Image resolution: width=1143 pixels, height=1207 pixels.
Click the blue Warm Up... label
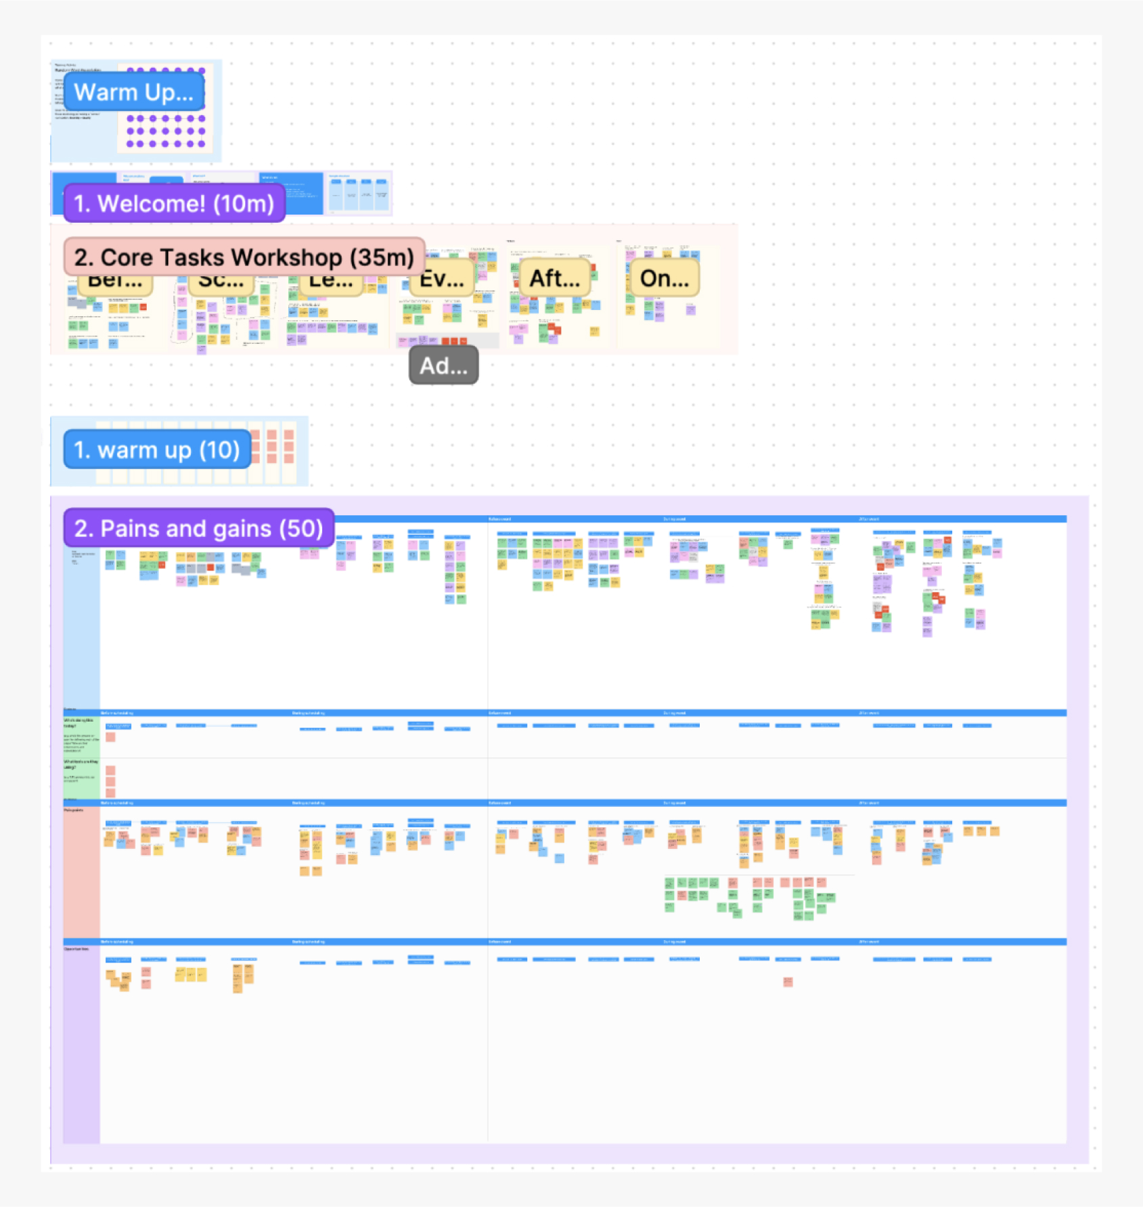click(x=134, y=92)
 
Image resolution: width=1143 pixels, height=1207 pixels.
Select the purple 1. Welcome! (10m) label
click(x=174, y=203)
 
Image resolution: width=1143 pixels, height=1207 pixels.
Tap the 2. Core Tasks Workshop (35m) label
click(x=244, y=257)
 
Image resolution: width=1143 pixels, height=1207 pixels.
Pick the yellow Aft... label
click(x=554, y=278)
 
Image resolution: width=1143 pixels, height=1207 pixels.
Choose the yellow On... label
click(x=665, y=278)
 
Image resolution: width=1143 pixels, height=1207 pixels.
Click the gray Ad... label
click(x=443, y=366)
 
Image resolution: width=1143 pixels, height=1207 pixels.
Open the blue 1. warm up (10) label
click(x=157, y=449)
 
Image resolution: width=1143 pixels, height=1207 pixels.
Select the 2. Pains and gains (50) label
click(x=198, y=528)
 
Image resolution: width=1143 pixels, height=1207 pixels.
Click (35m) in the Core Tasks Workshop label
click(x=382, y=257)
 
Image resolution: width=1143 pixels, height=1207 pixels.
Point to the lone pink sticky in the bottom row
click(x=788, y=982)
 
